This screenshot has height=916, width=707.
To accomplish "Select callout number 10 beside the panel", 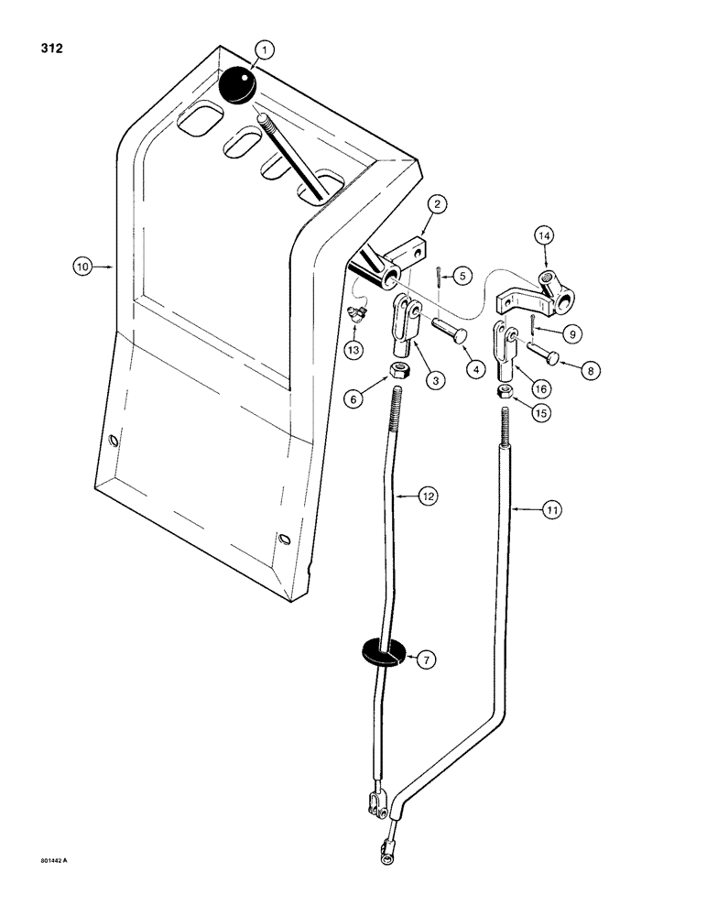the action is click(x=84, y=267).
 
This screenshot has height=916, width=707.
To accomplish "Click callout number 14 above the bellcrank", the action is click(x=546, y=236).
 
